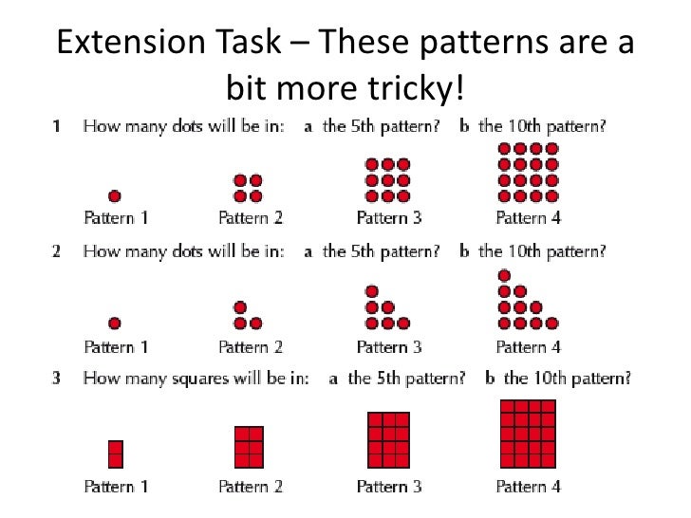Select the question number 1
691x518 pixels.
(x=57, y=125)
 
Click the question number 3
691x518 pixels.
(x=57, y=378)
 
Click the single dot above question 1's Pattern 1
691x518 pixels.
(x=115, y=196)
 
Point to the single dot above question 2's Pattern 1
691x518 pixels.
(x=115, y=324)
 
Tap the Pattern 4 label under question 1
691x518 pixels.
(x=529, y=218)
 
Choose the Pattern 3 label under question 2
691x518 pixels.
(x=389, y=346)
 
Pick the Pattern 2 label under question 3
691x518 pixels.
(x=251, y=487)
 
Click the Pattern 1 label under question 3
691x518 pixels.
(x=116, y=487)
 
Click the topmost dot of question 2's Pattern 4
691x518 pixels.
(x=503, y=276)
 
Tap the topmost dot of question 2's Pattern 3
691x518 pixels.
(x=372, y=291)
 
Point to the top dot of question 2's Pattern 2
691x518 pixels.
(x=239, y=307)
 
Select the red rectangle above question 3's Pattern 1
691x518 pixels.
(x=116, y=453)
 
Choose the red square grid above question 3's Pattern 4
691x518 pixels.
(x=528, y=434)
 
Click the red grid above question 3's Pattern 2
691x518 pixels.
(x=249, y=446)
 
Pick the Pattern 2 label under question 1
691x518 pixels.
(x=251, y=218)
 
